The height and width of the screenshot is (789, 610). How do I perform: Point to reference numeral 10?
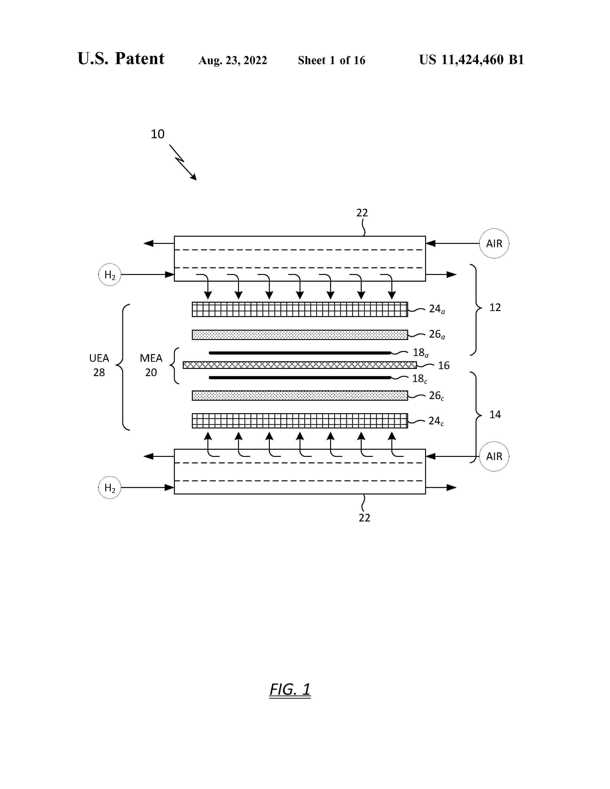[158, 134]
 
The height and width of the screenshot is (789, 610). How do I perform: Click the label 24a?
[437, 309]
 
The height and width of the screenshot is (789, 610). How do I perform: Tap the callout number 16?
[444, 366]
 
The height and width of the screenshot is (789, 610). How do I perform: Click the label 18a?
[421, 353]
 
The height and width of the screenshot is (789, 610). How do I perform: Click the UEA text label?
[99, 358]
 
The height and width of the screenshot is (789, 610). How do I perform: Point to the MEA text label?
[151, 358]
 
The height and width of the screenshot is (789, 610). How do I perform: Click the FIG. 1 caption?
[290, 689]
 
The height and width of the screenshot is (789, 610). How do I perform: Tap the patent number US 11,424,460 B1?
[471, 60]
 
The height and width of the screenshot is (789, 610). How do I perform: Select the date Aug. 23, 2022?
[233, 60]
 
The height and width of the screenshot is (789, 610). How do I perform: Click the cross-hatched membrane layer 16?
[299, 365]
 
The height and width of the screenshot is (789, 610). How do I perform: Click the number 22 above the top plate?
[362, 213]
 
